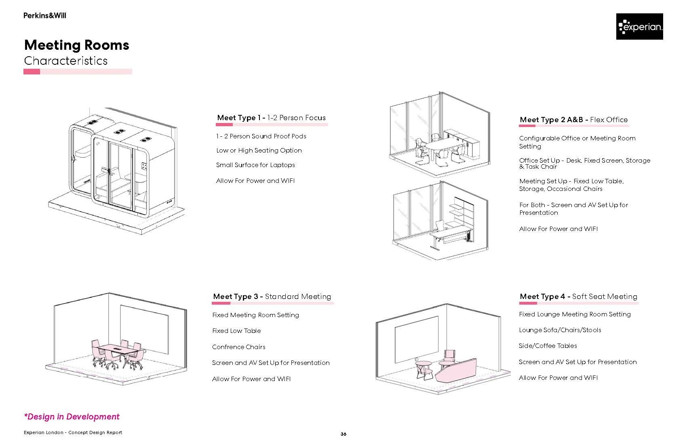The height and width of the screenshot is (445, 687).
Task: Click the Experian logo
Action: (x=639, y=27)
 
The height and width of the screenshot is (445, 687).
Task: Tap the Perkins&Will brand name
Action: (x=44, y=16)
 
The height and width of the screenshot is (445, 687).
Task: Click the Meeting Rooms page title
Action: (x=77, y=45)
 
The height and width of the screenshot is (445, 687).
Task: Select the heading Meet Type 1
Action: (x=271, y=118)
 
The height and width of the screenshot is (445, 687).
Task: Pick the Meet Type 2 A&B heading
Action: (x=573, y=120)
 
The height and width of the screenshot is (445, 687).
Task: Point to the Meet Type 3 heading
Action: (x=272, y=297)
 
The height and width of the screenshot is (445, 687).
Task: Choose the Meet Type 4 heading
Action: (x=578, y=297)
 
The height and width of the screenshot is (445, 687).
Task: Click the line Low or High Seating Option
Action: (x=259, y=150)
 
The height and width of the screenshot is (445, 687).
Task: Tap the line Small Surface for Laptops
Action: (x=255, y=165)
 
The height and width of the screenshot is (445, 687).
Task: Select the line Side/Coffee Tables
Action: (x=548, y=346)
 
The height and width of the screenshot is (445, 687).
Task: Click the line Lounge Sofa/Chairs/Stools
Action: (x=560, y=330)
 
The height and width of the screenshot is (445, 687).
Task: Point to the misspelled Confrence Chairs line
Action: (x=239, y=347)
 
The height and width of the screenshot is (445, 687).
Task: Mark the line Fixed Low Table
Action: (x=236, y=331)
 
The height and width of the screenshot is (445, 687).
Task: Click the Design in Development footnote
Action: (x=72, y=417)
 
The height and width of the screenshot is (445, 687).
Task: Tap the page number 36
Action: (x=343, y=434)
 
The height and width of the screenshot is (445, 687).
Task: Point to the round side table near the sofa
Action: (x=424, y=364)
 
